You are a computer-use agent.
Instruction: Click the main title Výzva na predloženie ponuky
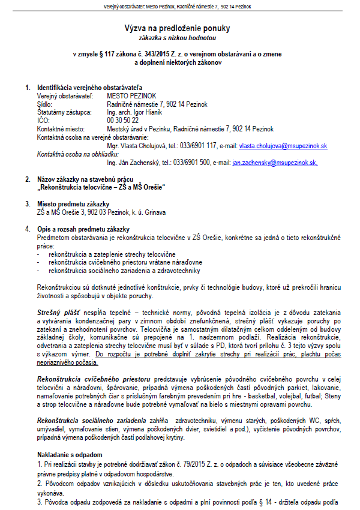[x=177, y=28]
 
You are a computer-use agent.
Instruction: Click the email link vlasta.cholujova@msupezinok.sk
[x=283, y=146]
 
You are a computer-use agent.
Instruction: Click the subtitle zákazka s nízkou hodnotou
[x=177, y=38]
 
